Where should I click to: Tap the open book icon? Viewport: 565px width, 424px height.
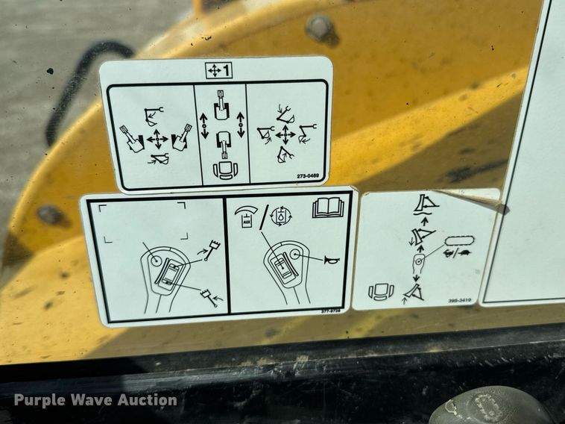(x=328, y=208)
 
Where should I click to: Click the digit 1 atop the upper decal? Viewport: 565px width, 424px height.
(x=225, y=71)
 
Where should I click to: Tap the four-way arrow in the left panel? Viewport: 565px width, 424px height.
(x=157, y=139)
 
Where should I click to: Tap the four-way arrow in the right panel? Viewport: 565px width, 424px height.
(x=285, y=135)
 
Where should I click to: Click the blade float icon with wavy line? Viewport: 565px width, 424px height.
(x=425, y=203)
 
